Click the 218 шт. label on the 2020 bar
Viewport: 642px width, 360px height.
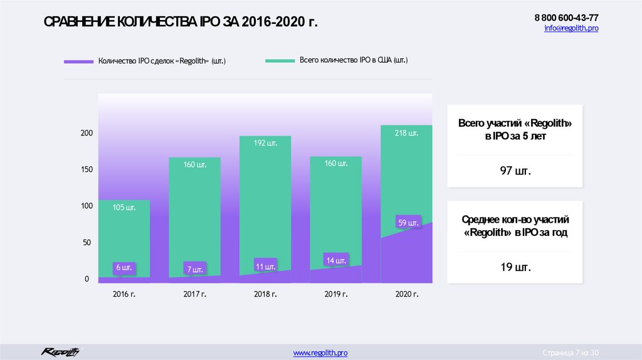coord(406,133)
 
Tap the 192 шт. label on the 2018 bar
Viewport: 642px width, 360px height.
coord(265,143)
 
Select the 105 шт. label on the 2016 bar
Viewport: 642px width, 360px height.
coord(124,207)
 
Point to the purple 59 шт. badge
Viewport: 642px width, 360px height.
coord(409,221)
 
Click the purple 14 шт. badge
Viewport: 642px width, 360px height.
coord(335,260)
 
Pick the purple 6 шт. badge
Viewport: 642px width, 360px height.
coord(124,268)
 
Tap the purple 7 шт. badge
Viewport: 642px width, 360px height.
coord(194,270)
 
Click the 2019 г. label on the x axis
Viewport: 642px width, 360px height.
coord(336,294)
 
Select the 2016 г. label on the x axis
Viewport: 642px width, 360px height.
coord(124,294)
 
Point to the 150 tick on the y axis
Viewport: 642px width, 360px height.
coord(87,169)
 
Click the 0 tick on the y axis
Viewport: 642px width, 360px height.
coord(87,279)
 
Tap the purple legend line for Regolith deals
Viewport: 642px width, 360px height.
coord(78,61)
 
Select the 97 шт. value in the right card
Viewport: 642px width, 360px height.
coord(515,171)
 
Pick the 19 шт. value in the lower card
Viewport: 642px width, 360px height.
coord(515,267)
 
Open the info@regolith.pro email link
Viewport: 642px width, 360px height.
coord(571,29)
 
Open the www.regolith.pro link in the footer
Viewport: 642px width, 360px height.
coord(320,353)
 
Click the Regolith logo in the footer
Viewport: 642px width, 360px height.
coord(60,352)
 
